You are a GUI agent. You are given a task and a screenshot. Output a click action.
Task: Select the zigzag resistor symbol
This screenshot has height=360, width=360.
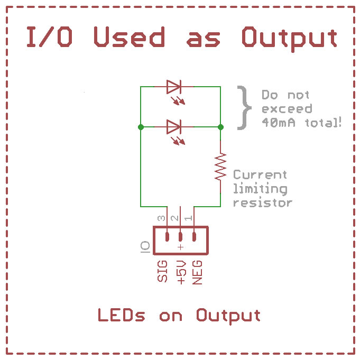point(220,167)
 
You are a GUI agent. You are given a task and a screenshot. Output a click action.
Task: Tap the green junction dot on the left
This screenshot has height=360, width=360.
point(141,127)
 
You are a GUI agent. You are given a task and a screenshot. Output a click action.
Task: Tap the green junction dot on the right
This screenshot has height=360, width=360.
point(220,127)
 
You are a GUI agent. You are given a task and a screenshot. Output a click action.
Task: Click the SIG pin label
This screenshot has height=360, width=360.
point(162,271)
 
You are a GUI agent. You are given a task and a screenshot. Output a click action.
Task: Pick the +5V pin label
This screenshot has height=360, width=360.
point(181,273)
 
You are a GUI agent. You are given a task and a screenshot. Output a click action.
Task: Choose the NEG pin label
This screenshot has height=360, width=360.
point(197,273)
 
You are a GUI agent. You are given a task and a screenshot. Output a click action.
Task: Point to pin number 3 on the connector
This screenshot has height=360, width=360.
point(161,218)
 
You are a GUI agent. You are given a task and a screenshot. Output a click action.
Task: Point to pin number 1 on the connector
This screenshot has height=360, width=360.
point(189,218)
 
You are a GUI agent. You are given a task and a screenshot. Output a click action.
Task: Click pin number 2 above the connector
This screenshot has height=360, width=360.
point(175,218)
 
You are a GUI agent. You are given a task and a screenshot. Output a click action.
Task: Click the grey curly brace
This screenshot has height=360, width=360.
point(245,108)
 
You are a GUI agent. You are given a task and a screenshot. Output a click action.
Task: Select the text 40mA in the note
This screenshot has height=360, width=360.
point(279,122)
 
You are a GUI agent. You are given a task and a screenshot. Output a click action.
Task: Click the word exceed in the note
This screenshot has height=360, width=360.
point(287,108)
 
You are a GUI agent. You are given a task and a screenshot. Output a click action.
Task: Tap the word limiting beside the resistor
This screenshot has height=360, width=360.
point(260,189)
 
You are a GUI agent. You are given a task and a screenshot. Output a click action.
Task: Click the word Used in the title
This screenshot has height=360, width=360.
point(130,36)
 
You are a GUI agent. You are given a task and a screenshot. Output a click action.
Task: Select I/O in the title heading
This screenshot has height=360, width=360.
point(49,36)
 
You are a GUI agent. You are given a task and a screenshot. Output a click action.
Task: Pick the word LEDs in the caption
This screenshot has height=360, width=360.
point(122,315)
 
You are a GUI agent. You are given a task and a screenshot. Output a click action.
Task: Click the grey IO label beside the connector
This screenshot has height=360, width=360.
point(145,247)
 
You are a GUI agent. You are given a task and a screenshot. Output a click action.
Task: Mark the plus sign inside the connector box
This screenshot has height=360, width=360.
point(181,247)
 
